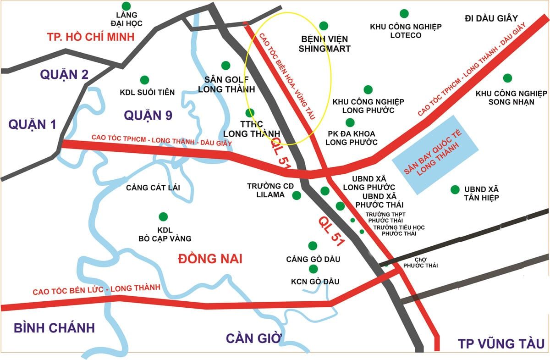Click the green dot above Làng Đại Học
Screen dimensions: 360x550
point(126,6)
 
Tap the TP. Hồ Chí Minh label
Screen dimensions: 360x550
point(91,37)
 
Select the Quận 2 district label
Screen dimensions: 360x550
point(64,74)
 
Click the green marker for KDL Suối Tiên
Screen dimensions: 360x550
point(144,80)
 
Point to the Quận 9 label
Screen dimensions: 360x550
point(148,115)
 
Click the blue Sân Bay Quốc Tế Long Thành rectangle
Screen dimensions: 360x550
point(435,154)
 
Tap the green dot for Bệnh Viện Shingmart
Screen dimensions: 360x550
point(324,26)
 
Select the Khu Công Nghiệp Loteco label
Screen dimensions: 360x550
point(406,31)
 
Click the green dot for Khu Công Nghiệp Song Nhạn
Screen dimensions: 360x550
point(507,78)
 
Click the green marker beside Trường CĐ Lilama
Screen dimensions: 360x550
point(297,195)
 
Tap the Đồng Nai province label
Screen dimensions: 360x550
point(209,259)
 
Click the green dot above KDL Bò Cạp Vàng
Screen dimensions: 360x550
point(162,216)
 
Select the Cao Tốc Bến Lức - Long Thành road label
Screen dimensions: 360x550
point(96,289)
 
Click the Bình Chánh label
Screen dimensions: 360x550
point(54,328)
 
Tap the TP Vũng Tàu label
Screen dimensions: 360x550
point(500,344)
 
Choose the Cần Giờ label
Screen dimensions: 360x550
point(253,338)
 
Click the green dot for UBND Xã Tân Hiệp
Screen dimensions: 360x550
point(455,189)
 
